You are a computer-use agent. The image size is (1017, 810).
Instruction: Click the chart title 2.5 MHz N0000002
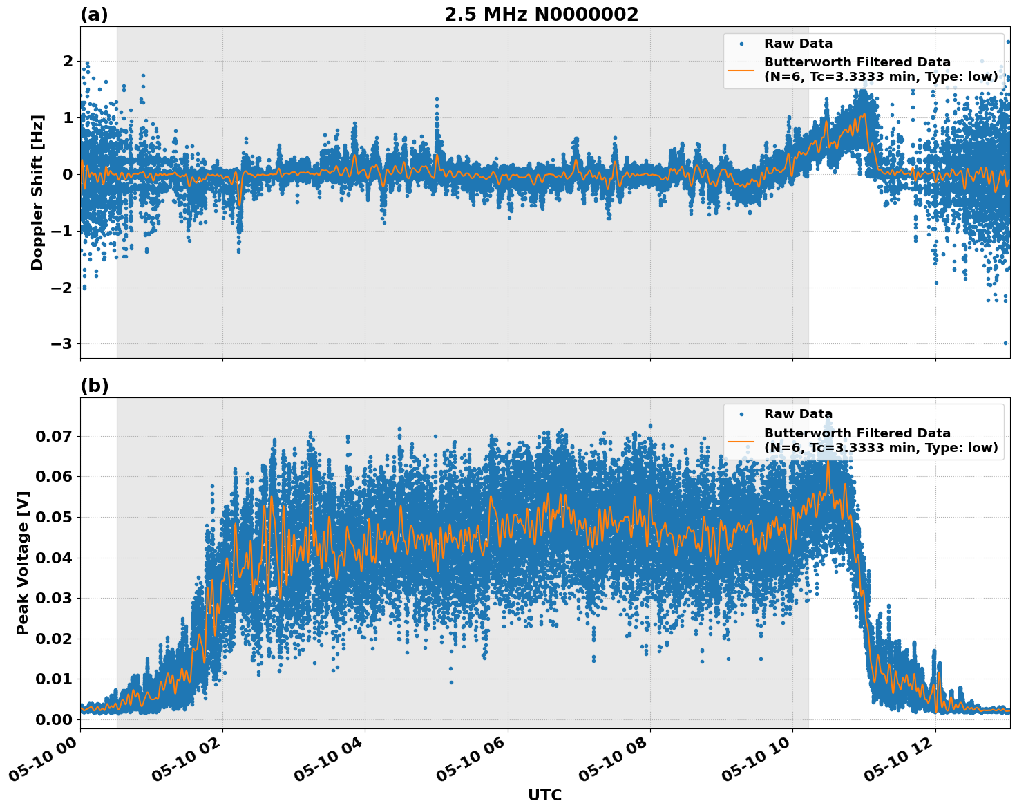541,15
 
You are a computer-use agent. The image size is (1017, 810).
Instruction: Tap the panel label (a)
94,15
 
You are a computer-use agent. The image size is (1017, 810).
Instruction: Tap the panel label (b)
94,386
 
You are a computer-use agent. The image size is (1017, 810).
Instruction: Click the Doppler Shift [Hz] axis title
37,192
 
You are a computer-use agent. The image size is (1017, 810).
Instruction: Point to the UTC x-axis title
544,795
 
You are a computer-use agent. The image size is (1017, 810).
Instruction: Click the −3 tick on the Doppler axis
62,344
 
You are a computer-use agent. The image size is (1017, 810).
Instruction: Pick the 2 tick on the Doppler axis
68,62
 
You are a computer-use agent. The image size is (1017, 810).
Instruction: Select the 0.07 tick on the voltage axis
54,436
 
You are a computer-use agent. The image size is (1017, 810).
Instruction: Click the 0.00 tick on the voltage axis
54,719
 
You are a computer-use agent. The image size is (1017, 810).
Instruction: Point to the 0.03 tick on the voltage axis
54,598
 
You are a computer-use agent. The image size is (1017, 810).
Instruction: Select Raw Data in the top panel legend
798,44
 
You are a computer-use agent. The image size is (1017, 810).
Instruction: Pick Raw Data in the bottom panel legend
798,414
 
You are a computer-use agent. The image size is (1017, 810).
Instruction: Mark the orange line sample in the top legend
741,69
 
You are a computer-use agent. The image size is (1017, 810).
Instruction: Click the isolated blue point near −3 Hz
1005,343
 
